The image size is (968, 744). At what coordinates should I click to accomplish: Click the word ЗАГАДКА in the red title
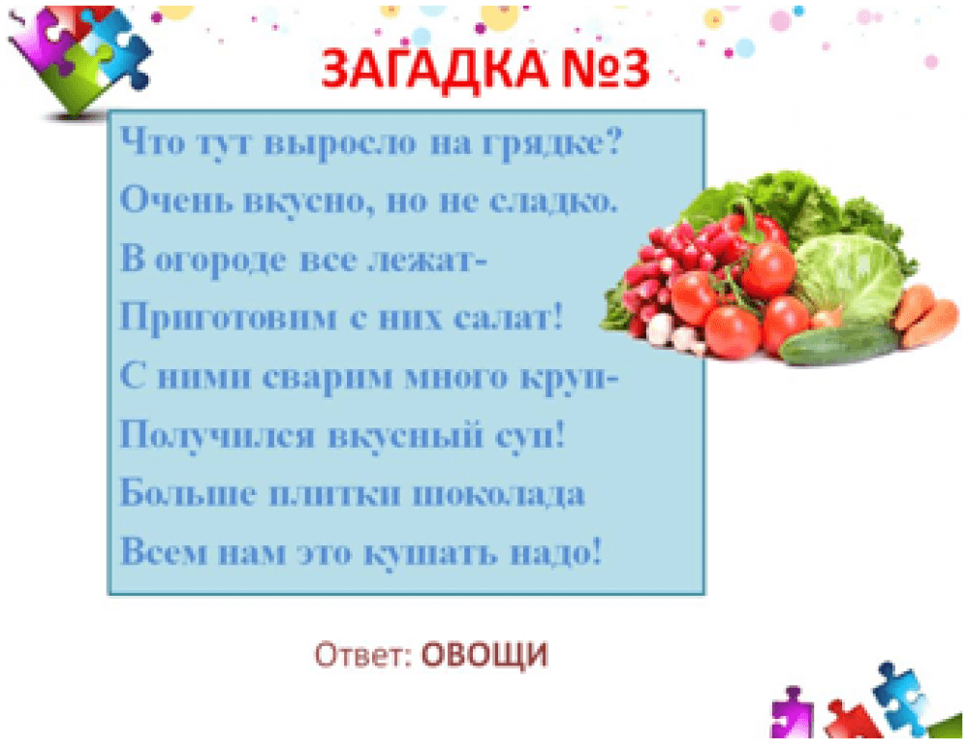coord(434,69)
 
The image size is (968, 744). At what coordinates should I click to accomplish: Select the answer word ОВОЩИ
coord(484,655)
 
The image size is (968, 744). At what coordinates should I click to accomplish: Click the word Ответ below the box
coord(363,655)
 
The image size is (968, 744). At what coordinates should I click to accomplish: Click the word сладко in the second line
coord(552,201)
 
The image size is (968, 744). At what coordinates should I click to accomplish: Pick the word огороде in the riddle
coord(220,260)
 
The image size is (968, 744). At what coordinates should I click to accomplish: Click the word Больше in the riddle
coord(188,493)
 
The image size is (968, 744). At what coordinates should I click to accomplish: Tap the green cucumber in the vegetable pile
coord(839,346)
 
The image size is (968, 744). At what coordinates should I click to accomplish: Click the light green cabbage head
coord(850,276)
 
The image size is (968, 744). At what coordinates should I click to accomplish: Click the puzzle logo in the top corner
coord(78,59)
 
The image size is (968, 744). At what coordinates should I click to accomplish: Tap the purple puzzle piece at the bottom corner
coord(792,711)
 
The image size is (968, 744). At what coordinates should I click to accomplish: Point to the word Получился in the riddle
coord(217,436)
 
